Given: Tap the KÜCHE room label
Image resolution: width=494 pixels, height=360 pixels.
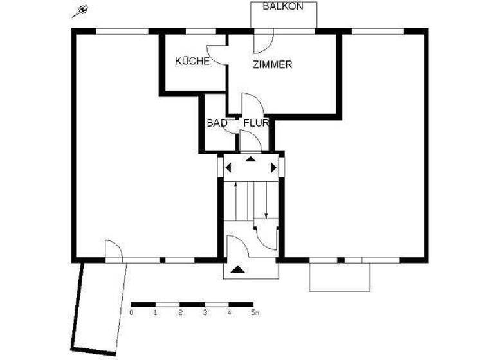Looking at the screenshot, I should coord(192,62).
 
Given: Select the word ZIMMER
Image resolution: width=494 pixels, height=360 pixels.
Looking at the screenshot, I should coord(273,65).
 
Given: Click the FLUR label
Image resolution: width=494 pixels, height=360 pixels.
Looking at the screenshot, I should coord(255,122).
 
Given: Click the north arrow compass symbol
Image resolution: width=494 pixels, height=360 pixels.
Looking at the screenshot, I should coord(80,12).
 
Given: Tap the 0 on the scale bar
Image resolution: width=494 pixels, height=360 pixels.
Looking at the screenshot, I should coord(131,313).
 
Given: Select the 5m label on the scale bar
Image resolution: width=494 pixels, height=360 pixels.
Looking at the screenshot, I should coord(254,313).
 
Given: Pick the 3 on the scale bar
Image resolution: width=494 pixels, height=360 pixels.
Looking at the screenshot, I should coord(205,313).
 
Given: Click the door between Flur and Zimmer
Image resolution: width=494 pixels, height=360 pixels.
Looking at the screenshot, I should coord(250,104).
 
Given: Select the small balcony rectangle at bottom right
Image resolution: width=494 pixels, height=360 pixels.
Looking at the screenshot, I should coord(340,277).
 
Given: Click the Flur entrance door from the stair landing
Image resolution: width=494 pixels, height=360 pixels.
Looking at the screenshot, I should coord(250,141).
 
